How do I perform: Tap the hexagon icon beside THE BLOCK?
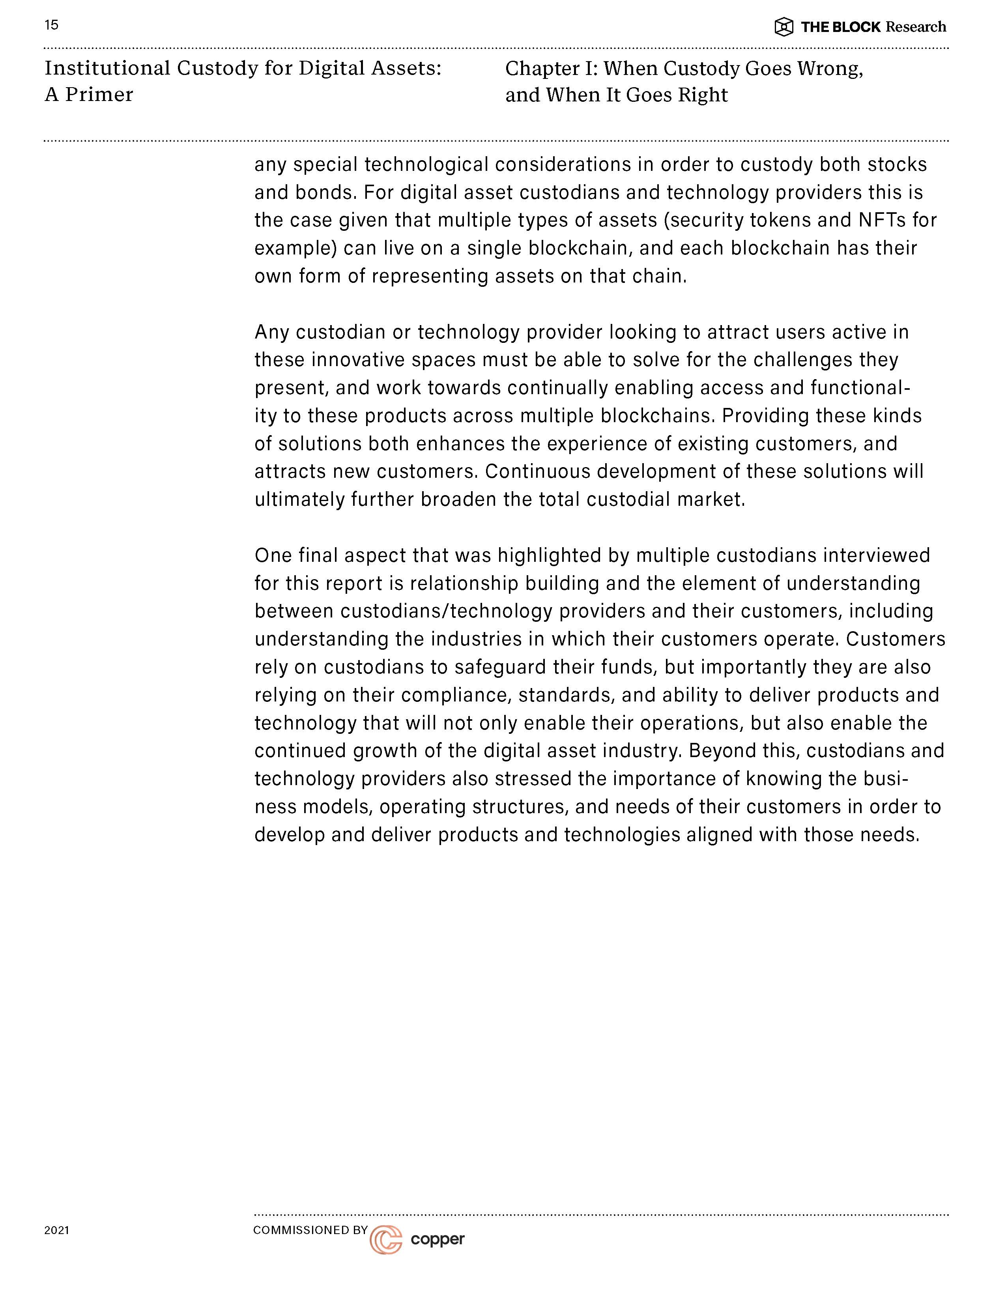(x=784, y=27)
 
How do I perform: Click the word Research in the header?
(x=916, y=27)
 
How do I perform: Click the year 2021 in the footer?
(x=56, y=1230)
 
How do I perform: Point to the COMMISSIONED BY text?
(x=310, y=1230)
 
